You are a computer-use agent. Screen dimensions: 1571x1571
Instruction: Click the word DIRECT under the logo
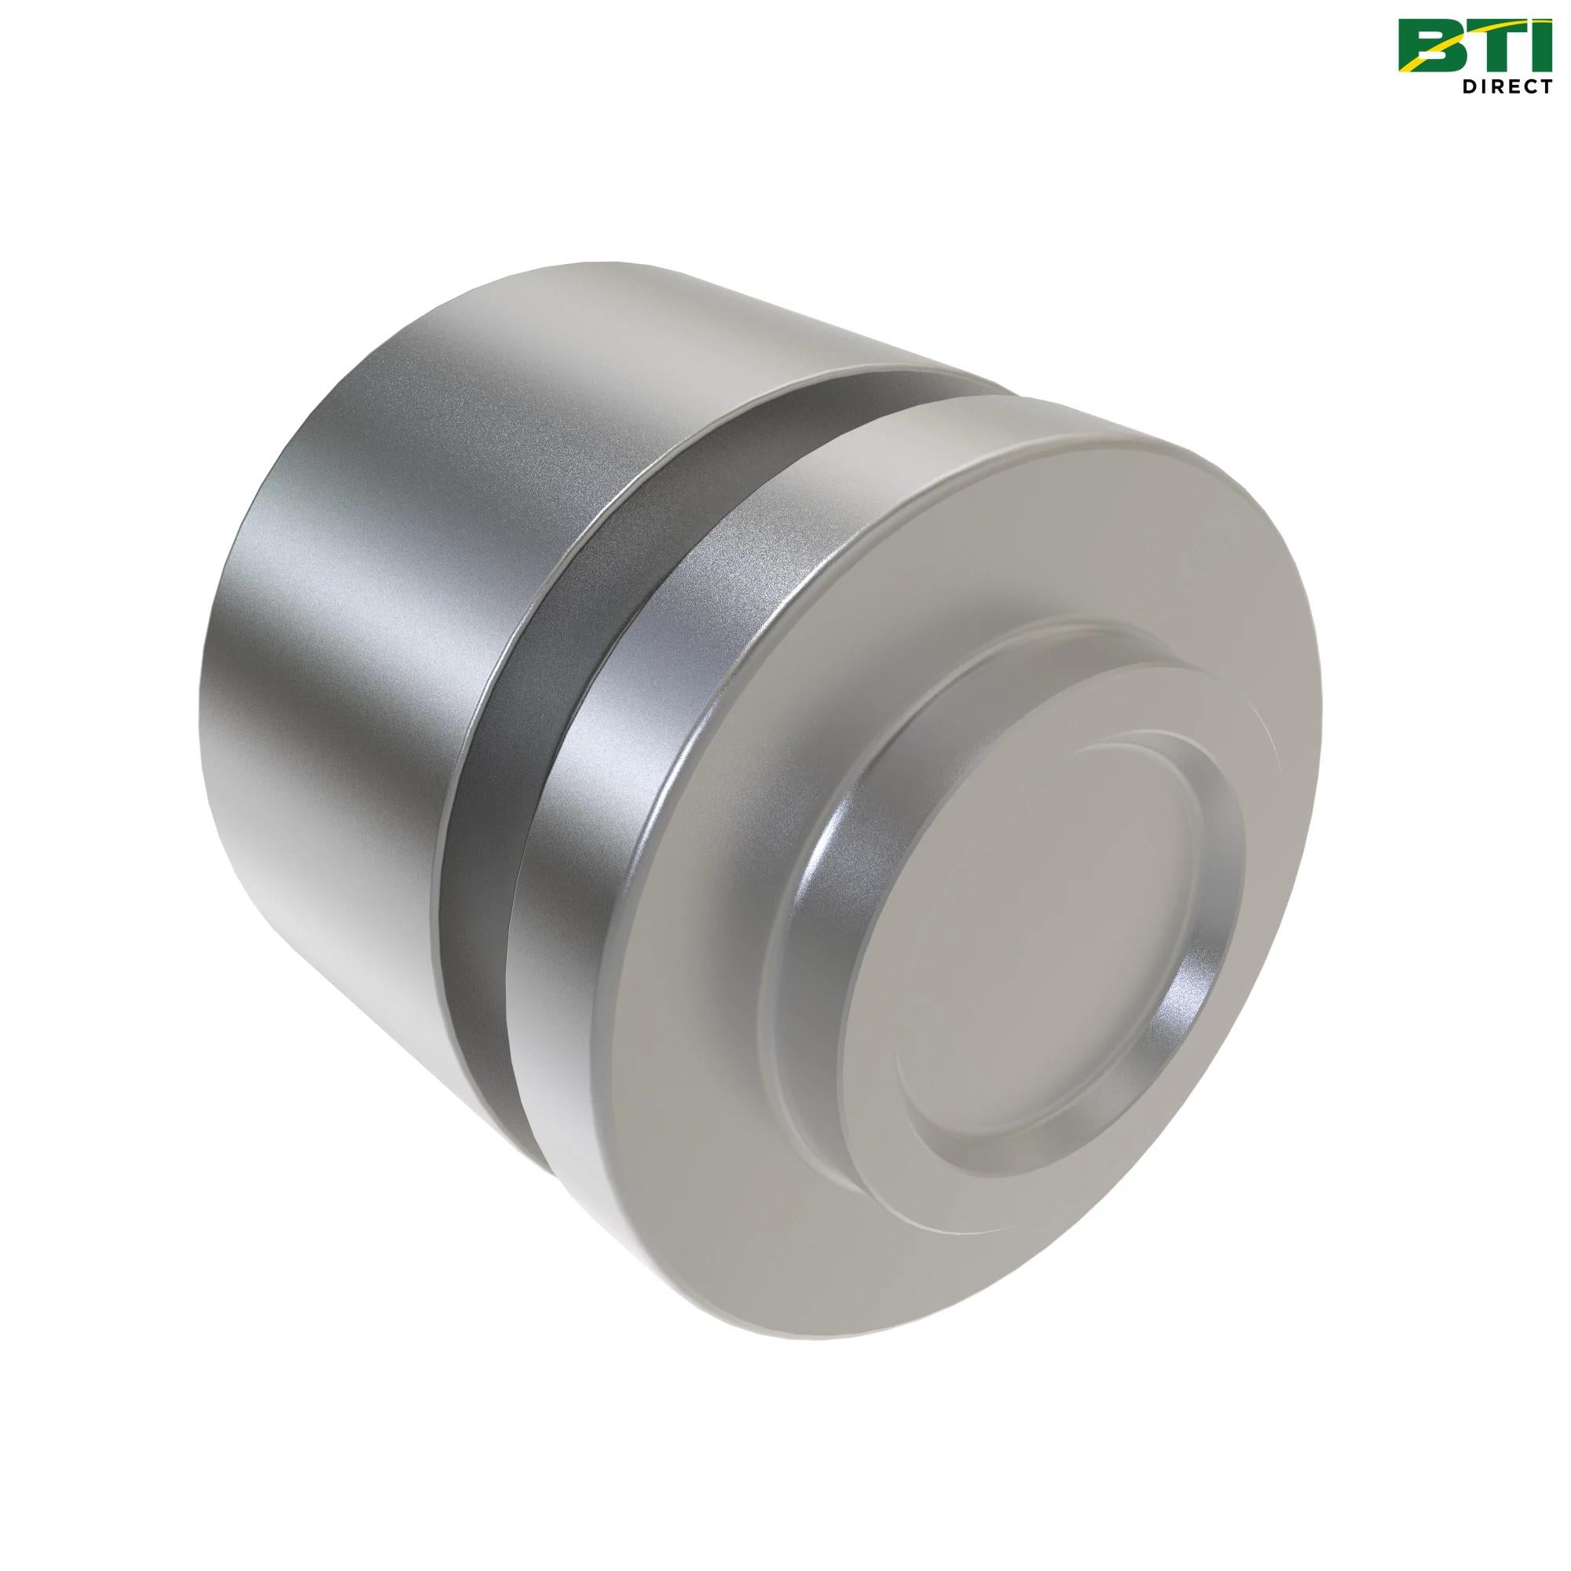[x=1507, y=87]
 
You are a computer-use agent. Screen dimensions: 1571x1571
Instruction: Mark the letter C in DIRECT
[x=1528, y=87]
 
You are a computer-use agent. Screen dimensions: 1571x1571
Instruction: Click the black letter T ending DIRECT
[x=1545, y=87]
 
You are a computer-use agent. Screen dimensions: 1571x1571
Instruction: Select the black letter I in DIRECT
[x=1483, y=87]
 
